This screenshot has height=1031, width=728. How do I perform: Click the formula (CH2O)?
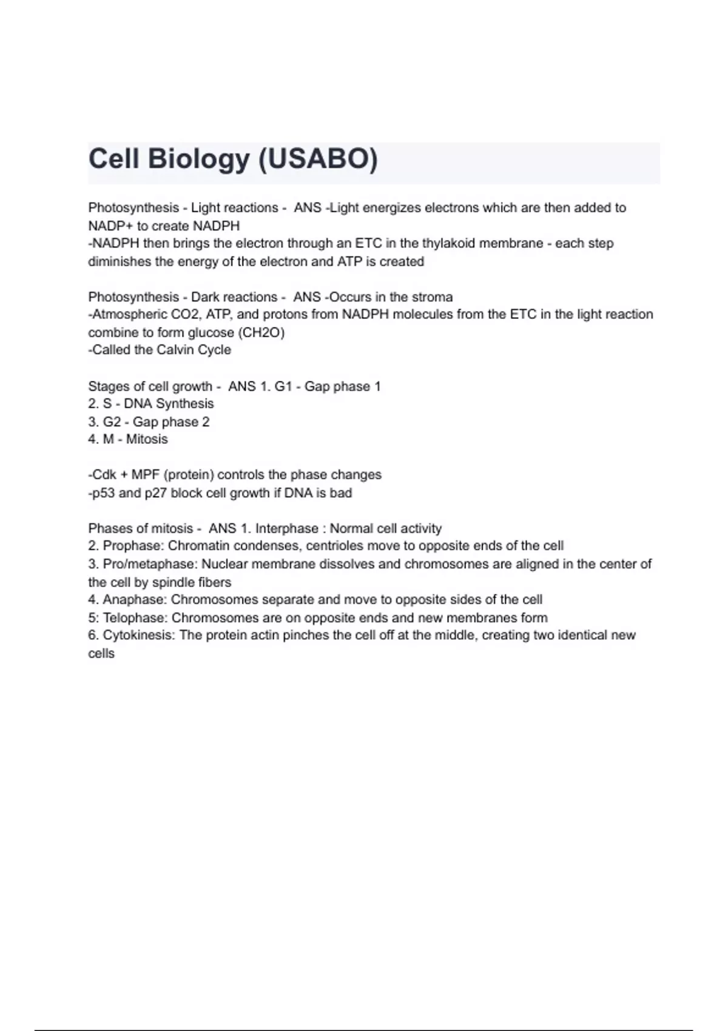(263, 332)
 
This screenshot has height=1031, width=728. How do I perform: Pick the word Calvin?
(176, 350)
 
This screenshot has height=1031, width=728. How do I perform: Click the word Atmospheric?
(126, 314)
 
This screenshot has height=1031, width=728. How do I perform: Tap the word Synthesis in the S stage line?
(185, 404)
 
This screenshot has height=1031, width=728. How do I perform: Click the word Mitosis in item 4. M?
(147, 439)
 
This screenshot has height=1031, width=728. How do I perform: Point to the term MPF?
(146, 475)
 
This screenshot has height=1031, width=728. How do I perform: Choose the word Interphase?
(286, 529)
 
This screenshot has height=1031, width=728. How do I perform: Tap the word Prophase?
(133, 546)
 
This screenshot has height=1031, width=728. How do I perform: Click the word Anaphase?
(135, 600)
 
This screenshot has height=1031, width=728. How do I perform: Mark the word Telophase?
(135, 618)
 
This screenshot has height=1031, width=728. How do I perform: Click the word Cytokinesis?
(140, 636)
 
